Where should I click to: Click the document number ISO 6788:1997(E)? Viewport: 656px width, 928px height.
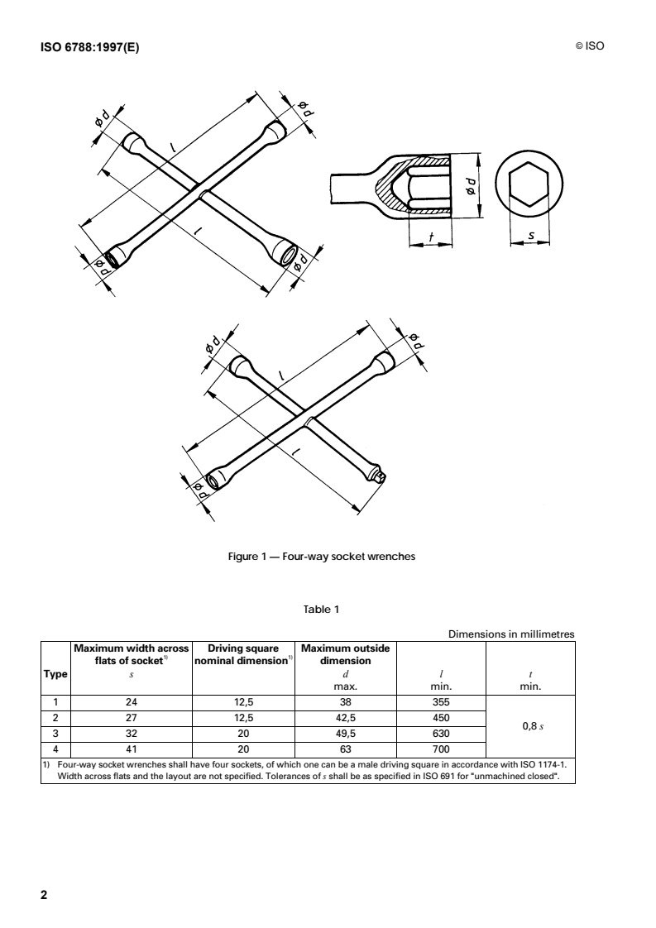(x=90, y=48)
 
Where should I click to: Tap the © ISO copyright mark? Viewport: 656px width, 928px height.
(x=590, y=46)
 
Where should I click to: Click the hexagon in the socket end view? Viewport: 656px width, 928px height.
(x=529, y=184)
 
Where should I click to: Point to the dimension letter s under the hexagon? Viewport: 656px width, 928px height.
(x=531, y=236)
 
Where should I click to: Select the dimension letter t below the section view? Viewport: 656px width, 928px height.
(x=432, y=238)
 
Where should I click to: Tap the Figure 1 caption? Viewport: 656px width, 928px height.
(x=322, y=557)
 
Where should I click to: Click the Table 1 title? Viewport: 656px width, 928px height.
(x=322, y=609)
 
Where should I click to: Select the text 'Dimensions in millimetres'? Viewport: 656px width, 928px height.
(x=511, y=634)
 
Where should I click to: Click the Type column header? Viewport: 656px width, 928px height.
(x=55, y=673)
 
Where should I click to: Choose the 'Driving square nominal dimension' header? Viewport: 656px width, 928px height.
(x=243, y=654)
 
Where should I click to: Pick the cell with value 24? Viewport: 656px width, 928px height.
(x=132, y=702)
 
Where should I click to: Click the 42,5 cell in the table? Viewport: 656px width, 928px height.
(x=346, y=718)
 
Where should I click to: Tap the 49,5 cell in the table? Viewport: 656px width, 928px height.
(x=346, y=734)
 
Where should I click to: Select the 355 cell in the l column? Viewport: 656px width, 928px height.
(x=441, y=702)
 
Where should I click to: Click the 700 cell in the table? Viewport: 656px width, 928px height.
(x=441, y=749)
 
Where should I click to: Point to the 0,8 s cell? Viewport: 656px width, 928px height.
(x=533, y=725)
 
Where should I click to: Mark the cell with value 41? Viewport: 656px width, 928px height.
(x=132, y=749)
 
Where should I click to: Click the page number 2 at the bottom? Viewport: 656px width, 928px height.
(x=44, y=894)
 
